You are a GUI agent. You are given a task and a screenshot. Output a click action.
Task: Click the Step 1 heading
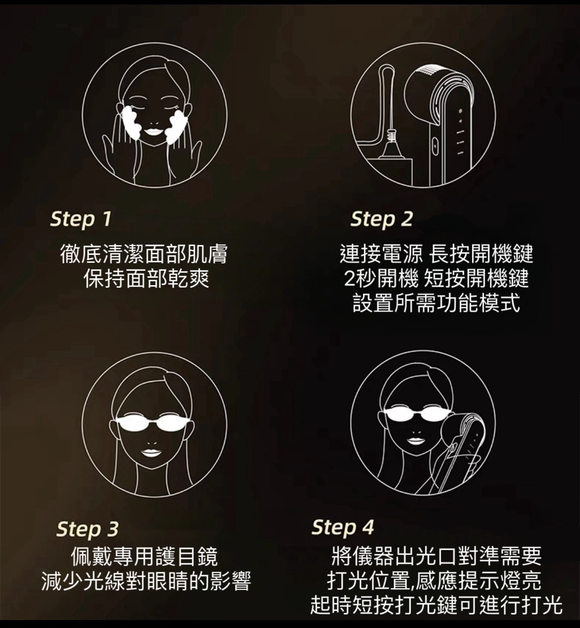click(81, 219)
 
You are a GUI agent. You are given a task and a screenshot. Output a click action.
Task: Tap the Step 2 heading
click(382, 219)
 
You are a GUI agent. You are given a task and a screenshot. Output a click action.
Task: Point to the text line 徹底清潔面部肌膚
click(144, 254)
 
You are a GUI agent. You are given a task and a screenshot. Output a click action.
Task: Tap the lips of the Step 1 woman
click(154, 131)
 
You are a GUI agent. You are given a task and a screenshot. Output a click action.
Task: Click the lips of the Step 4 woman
click(417, 440)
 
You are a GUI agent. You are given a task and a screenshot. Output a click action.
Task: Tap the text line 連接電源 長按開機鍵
click(437, 254)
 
